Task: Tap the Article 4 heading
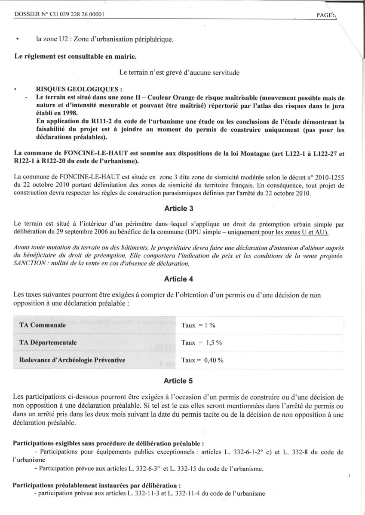click(179, 279)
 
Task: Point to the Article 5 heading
click(179, 380)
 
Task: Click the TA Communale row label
click(43, 325)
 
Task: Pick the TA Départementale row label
click(48, 342)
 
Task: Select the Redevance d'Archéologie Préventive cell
click(72, 360)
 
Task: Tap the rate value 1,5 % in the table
click(212, 343)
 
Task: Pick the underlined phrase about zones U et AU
click(278, 232)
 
